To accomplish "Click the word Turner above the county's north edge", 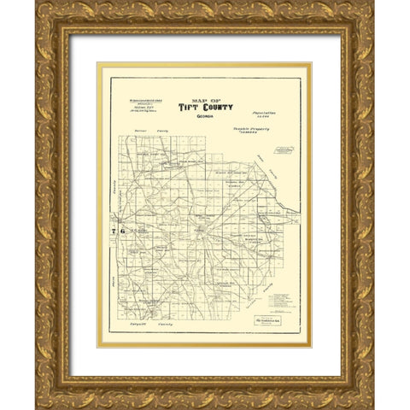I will point(142,135).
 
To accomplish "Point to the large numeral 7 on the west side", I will point(113,231).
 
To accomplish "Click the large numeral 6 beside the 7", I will point(122,231).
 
